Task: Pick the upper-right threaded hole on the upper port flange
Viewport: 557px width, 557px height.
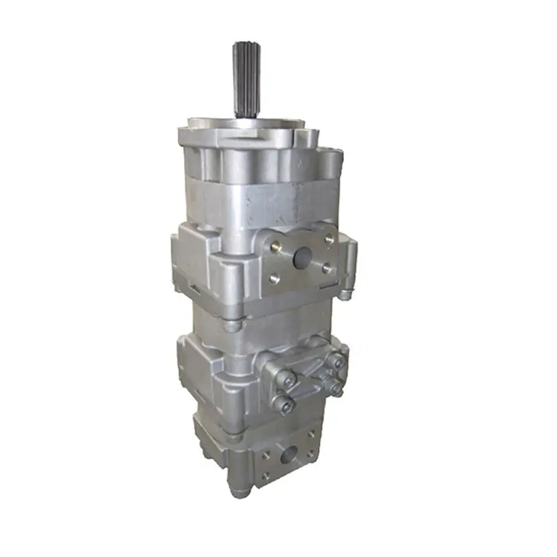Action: tap(329, 239)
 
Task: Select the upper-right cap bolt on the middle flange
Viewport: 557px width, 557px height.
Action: tap(337, 361)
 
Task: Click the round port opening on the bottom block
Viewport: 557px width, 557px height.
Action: tap(287, 457)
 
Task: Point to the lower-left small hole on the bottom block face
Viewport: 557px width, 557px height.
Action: tap(263, 478)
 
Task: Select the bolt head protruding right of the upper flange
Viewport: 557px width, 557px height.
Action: tap(345, 294)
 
